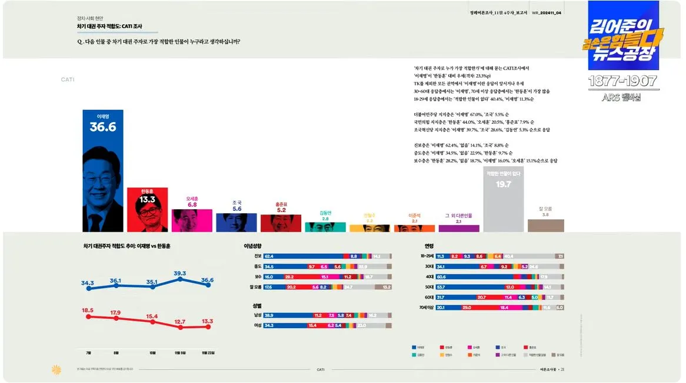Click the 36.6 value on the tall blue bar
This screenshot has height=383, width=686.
[x=103, y=127]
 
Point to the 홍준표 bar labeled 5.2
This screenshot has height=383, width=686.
[x=281, y=222]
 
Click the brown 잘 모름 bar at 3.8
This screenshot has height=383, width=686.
[x=545, y=225]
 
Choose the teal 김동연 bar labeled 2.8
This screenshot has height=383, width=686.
[x=325, y=227]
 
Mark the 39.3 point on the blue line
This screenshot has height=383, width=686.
[x=180, y=279]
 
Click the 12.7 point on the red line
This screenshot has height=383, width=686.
[x=180, y=327]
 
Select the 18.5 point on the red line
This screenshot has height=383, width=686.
[x=88, y=316]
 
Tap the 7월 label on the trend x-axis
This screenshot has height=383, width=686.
[x=88, y=353]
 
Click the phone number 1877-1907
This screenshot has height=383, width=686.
[x=623, y=81]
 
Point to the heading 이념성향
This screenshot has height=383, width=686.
[x=252, y=246]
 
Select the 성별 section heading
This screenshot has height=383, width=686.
[x=249, y=306]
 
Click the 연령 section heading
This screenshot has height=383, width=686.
[x=429, y=246]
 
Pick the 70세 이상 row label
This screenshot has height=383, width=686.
[x=426, y=307]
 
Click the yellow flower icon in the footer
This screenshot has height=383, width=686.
[x=56, y=369]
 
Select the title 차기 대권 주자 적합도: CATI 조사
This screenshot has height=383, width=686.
[x=109, y=27]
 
